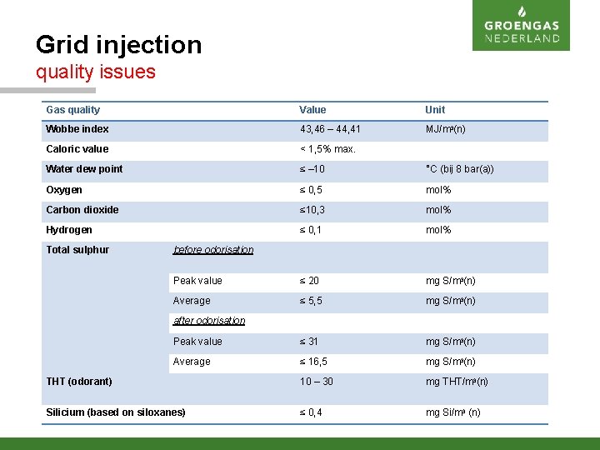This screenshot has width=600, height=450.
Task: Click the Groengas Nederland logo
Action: click(521, 26)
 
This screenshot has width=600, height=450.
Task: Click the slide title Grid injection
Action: click(118, 44)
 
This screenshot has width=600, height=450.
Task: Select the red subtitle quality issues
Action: click(95, 72)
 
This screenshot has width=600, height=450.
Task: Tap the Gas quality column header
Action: click(72, 110)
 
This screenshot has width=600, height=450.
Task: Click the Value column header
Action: click(312, 110)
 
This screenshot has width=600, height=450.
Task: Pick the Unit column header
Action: click(435, 110)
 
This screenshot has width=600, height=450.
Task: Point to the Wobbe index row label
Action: click(77, 129)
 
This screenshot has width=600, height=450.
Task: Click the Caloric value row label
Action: click(77, 149)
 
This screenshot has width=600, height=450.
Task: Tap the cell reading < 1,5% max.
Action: click(327, 149)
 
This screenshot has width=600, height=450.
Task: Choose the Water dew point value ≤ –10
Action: click(313, 169)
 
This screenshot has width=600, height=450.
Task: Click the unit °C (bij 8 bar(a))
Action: click(459, 169)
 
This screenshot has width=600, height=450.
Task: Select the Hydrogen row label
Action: click(69, 230)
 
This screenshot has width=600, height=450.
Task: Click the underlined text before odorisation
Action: click(213, 250)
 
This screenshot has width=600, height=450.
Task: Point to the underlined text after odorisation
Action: click(209, 321)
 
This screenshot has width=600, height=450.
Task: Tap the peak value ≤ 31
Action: click(309, 342)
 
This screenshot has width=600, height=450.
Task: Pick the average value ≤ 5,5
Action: click(311, 301)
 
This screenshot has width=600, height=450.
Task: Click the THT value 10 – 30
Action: click(317, 382)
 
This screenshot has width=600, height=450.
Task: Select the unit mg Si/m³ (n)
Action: click(452, 412)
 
